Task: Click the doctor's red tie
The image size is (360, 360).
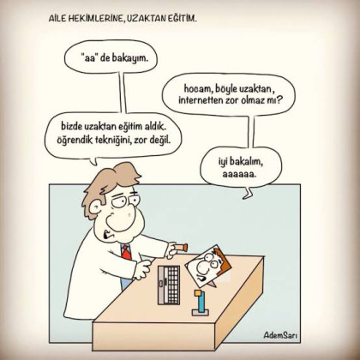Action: [126, 253]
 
